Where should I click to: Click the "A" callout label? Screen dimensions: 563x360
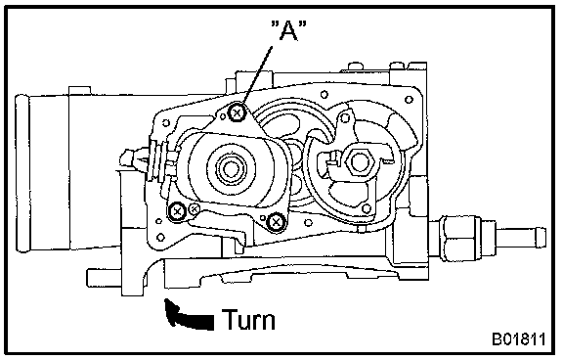tap(288, 30)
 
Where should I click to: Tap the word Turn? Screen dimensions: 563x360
tap(248, 319)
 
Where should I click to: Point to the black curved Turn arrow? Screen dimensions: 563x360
tap(187, 316)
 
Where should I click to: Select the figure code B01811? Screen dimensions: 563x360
tap(518, 339)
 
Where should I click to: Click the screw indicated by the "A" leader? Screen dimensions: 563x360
tap(237, 112)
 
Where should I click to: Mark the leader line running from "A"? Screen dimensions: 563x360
tap(257, 75)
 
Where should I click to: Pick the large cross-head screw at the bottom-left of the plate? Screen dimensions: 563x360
tap(177, 211)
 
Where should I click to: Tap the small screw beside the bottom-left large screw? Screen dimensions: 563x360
tap(195, 208)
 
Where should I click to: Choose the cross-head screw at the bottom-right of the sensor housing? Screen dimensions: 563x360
tap(276, 222)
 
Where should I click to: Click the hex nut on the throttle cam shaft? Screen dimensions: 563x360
tap(358, 161)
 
